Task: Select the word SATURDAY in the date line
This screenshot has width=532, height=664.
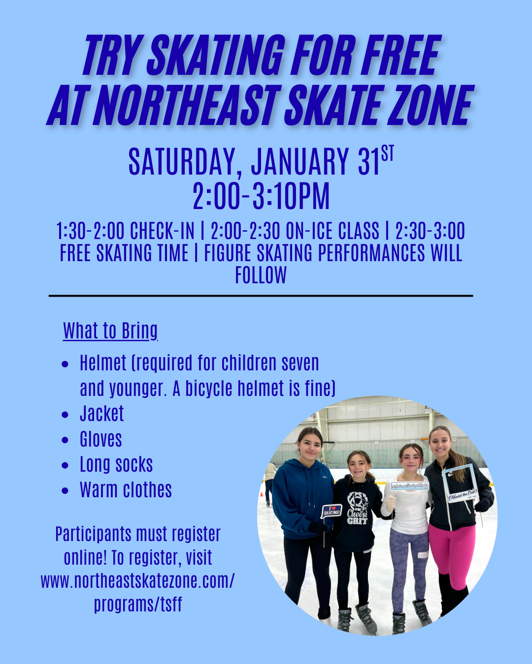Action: point(182,162)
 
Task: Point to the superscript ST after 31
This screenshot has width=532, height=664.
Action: point(388,153)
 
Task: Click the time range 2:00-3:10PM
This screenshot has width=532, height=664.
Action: point(261,196)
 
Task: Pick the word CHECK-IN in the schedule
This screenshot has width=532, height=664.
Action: point(162,231)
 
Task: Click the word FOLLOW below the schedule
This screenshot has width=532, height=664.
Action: point(261,275)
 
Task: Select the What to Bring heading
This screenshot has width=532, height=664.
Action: point(110,331)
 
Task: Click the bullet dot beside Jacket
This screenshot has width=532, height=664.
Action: point(66,415)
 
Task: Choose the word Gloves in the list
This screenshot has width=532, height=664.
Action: point(101,439)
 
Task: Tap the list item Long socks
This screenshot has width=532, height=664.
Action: point(116,464)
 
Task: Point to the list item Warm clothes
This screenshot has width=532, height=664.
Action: point(126,490)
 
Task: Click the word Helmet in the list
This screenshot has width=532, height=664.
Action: point(103,363)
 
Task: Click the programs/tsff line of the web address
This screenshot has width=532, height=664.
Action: point(138,604)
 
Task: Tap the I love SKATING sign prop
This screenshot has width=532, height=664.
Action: point(332,511)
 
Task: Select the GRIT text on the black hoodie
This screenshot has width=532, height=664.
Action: point(357,520)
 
